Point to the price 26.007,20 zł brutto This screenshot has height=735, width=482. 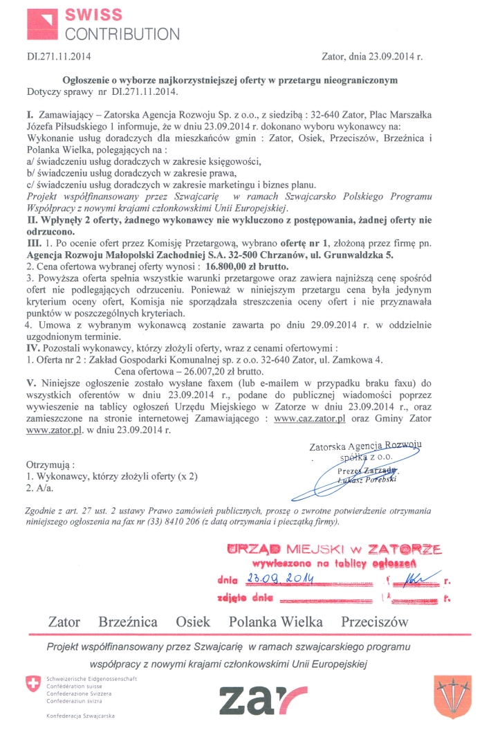[192, 370]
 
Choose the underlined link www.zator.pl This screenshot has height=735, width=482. [54, 430]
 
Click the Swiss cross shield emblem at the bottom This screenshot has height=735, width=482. [32, 685]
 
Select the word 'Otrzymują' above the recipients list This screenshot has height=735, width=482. [50, 464]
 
